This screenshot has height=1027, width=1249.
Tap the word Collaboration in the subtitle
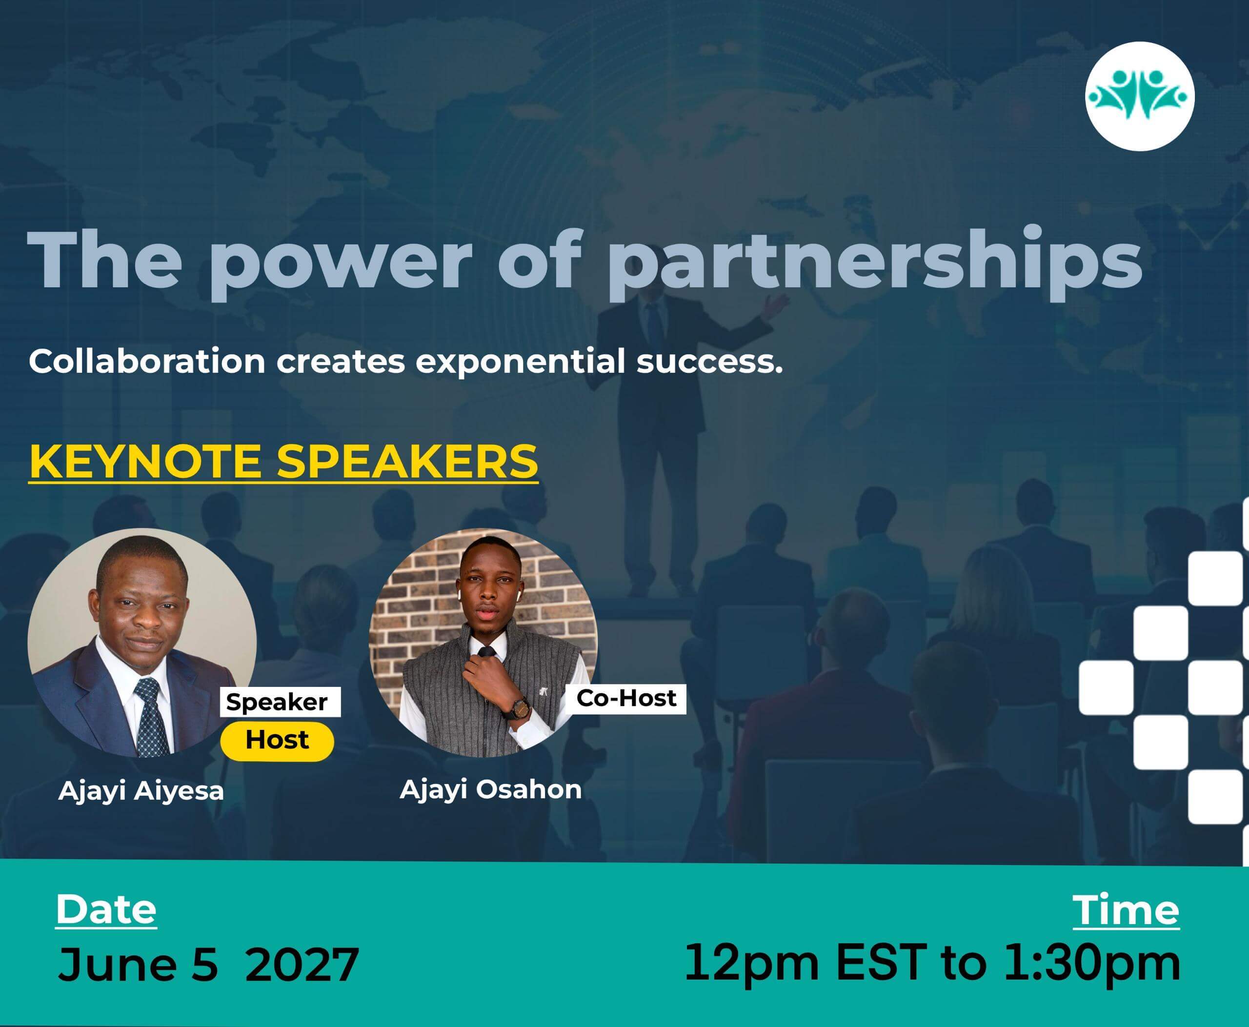click(x=147, y=361)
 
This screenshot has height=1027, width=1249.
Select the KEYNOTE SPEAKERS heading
click(x=283, y=462)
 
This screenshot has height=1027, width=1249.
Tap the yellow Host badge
click(x=277, y=740)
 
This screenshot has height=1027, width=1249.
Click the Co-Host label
click(x=626, y=698)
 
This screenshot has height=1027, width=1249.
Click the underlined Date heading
click(x=106, y=910)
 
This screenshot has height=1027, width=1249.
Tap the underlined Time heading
click(x=1126, y=910)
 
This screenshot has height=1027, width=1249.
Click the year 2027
click(x=302, y=965)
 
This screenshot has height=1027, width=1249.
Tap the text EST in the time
click(x=880, y=963)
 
